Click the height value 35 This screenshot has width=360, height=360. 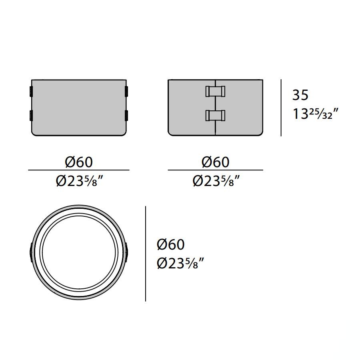pyautogui.click(x=300, y=95)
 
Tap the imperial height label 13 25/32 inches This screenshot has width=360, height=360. pyautogui.click(x=316, y=114)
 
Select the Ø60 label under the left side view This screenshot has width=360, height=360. pyautogui.click(x=79, y=162)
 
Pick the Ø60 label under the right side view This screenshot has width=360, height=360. pyautogui.click(x=215, y=162)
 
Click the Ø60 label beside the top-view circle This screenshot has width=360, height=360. pyautogui.click(x=170, y=244)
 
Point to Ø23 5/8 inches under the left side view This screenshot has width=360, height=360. pyautogui.click(x=79, y=181)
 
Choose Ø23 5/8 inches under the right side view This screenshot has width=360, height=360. pyautogui.click(x=216, y=181)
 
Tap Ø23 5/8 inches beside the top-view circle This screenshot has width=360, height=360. pyautogui.click(x=180, y=263)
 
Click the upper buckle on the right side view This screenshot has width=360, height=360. pyautogui.click(x=215, y=91)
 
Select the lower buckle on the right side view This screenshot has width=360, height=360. pyautogui.click(x=215, y=115)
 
